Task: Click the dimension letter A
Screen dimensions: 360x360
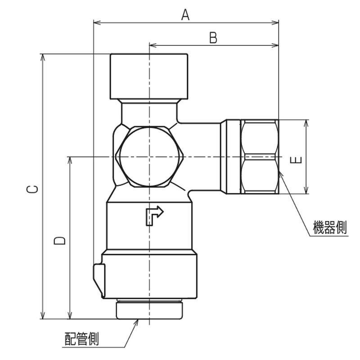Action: [185, 15]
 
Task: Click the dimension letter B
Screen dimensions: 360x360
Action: [213, 38]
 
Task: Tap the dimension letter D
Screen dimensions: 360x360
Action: [60, 241]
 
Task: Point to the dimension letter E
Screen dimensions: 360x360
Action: [296, 160]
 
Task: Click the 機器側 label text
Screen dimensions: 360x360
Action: [330, 227]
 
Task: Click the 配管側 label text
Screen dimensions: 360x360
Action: [82, 339]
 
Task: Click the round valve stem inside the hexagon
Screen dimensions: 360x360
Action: [149, 157]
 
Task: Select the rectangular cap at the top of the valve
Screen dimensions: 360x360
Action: [149, 76]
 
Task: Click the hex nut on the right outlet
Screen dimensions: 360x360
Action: [260, 157]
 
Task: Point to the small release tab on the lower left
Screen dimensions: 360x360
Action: [99, 280]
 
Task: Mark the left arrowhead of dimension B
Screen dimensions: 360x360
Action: [153, 45]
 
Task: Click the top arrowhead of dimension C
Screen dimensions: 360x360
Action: [42, 58]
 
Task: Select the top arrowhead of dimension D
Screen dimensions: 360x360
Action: [70, 161]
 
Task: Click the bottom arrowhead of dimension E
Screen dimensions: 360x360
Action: [306, 190]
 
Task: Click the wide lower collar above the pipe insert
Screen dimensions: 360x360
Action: [149, 274]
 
